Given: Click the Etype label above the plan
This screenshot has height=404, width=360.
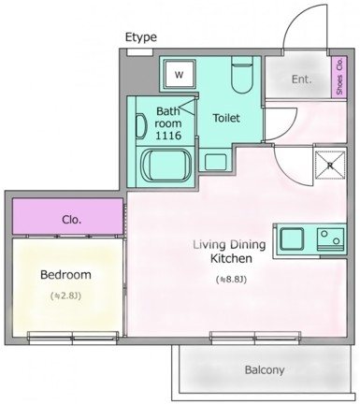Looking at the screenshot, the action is click(141, 37).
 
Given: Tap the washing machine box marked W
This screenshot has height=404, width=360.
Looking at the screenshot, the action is click(180, 75).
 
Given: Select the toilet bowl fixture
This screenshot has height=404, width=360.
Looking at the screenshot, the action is click(242, 76).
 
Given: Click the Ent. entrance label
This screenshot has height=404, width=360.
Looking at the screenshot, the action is click(301, 79).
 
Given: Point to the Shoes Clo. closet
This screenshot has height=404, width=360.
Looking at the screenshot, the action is click(339, 77).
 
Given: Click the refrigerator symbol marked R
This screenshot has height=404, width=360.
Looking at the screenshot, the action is click(330, 166).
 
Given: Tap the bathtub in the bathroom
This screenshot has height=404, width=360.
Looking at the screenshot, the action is click(166, 165).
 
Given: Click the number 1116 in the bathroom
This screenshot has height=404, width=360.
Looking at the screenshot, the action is click(168, 136).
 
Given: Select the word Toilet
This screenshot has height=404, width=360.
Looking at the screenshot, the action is click(226, 118).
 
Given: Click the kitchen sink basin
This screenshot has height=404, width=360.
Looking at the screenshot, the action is click(292, 239).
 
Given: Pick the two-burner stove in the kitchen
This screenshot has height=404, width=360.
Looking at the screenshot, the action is click(330, 239).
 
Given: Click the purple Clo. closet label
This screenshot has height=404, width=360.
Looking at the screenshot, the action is click(72, 220).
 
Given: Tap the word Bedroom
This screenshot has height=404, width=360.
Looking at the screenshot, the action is click(65, 275).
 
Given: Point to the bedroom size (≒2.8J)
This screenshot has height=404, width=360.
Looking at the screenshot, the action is click(65, 296).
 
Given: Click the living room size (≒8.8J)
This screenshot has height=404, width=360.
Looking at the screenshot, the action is click(231, 280).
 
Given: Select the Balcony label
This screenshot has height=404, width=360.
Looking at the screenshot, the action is click(265, 370).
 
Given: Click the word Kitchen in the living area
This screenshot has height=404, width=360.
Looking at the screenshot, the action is click(231, 258).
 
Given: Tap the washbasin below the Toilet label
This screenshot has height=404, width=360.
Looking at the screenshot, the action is click(216, 161).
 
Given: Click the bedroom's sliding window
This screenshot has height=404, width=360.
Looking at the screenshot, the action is click(73, 337).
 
